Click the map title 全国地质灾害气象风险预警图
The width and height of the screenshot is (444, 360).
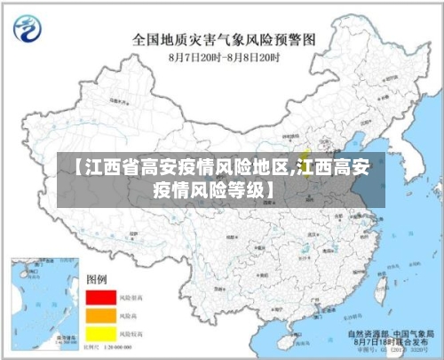(x=224, y=39)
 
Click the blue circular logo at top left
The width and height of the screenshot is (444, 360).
(x=29, y=30)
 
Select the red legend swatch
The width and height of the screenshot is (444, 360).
(x=101, y=297)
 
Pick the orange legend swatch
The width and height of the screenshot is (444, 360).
(x=101, y=315)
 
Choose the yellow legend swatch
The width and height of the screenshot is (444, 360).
(x=101, y=332)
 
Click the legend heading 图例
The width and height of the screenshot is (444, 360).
(x=96, y=279)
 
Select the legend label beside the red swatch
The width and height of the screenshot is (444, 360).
(x=131, y=297)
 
